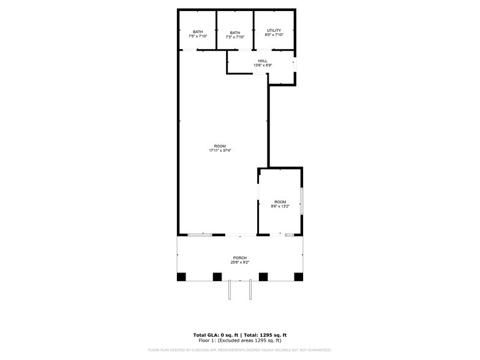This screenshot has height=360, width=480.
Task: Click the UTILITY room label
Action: point(273,30)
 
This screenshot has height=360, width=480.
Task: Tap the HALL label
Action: point(263,61)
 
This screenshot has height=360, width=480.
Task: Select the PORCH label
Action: point(239,258)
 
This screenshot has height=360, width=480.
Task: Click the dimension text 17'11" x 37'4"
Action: point(220,150)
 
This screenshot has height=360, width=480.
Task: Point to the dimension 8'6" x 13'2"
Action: point(280,206)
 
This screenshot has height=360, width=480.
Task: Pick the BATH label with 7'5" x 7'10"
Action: point(198,32)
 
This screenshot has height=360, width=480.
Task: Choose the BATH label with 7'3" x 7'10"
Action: point(235,32)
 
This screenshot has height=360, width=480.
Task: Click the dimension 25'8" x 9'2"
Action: point(239,263)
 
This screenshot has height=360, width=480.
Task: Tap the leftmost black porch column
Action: point(181,277)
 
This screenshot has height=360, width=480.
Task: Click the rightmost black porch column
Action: point(299,277)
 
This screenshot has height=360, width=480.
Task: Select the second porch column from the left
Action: point(217,277)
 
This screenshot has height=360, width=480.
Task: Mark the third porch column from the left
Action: point(263,277)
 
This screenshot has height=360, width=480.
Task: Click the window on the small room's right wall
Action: point(302,201)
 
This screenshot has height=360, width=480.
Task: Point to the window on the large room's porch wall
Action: point(200,234)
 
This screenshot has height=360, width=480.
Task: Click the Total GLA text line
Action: point(239,335)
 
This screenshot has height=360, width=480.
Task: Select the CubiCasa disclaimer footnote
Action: point(239,350)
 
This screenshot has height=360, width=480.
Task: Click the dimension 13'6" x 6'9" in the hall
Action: point(263,66)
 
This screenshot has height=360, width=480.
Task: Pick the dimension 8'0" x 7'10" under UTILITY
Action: point(273,35)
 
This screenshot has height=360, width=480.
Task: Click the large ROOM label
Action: point(220,146)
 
